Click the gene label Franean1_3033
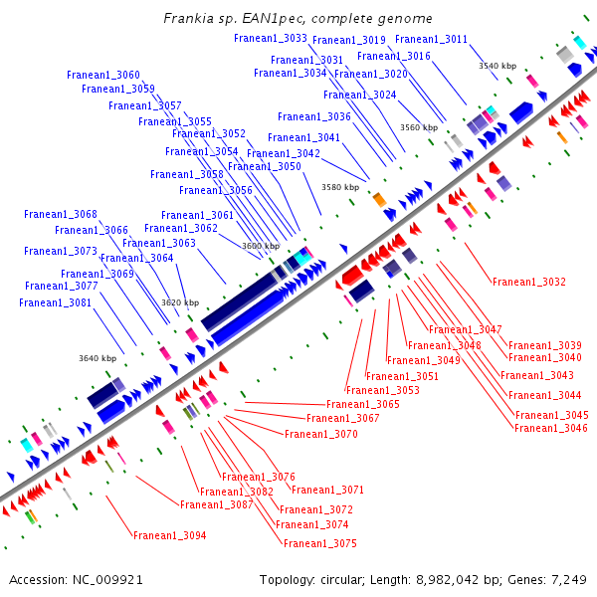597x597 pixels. point(271,38)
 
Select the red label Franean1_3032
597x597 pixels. point(529,282)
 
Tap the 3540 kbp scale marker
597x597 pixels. point(497,66)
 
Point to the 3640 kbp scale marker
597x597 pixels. point(98,358)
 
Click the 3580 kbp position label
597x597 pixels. point(339,187)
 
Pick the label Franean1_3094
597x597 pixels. point(170,535)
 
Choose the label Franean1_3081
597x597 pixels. point(56,302)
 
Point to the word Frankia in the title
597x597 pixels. point(186,19)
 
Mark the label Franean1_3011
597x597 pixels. point(431,39)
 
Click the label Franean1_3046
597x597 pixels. point(551,428)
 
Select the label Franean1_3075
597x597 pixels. point(320,543)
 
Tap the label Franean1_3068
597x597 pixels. point(61,214)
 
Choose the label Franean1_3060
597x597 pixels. point(103,75)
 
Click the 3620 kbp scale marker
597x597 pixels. point(180,302)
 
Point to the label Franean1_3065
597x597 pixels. point(363,404)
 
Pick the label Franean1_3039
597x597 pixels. point(545,345)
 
